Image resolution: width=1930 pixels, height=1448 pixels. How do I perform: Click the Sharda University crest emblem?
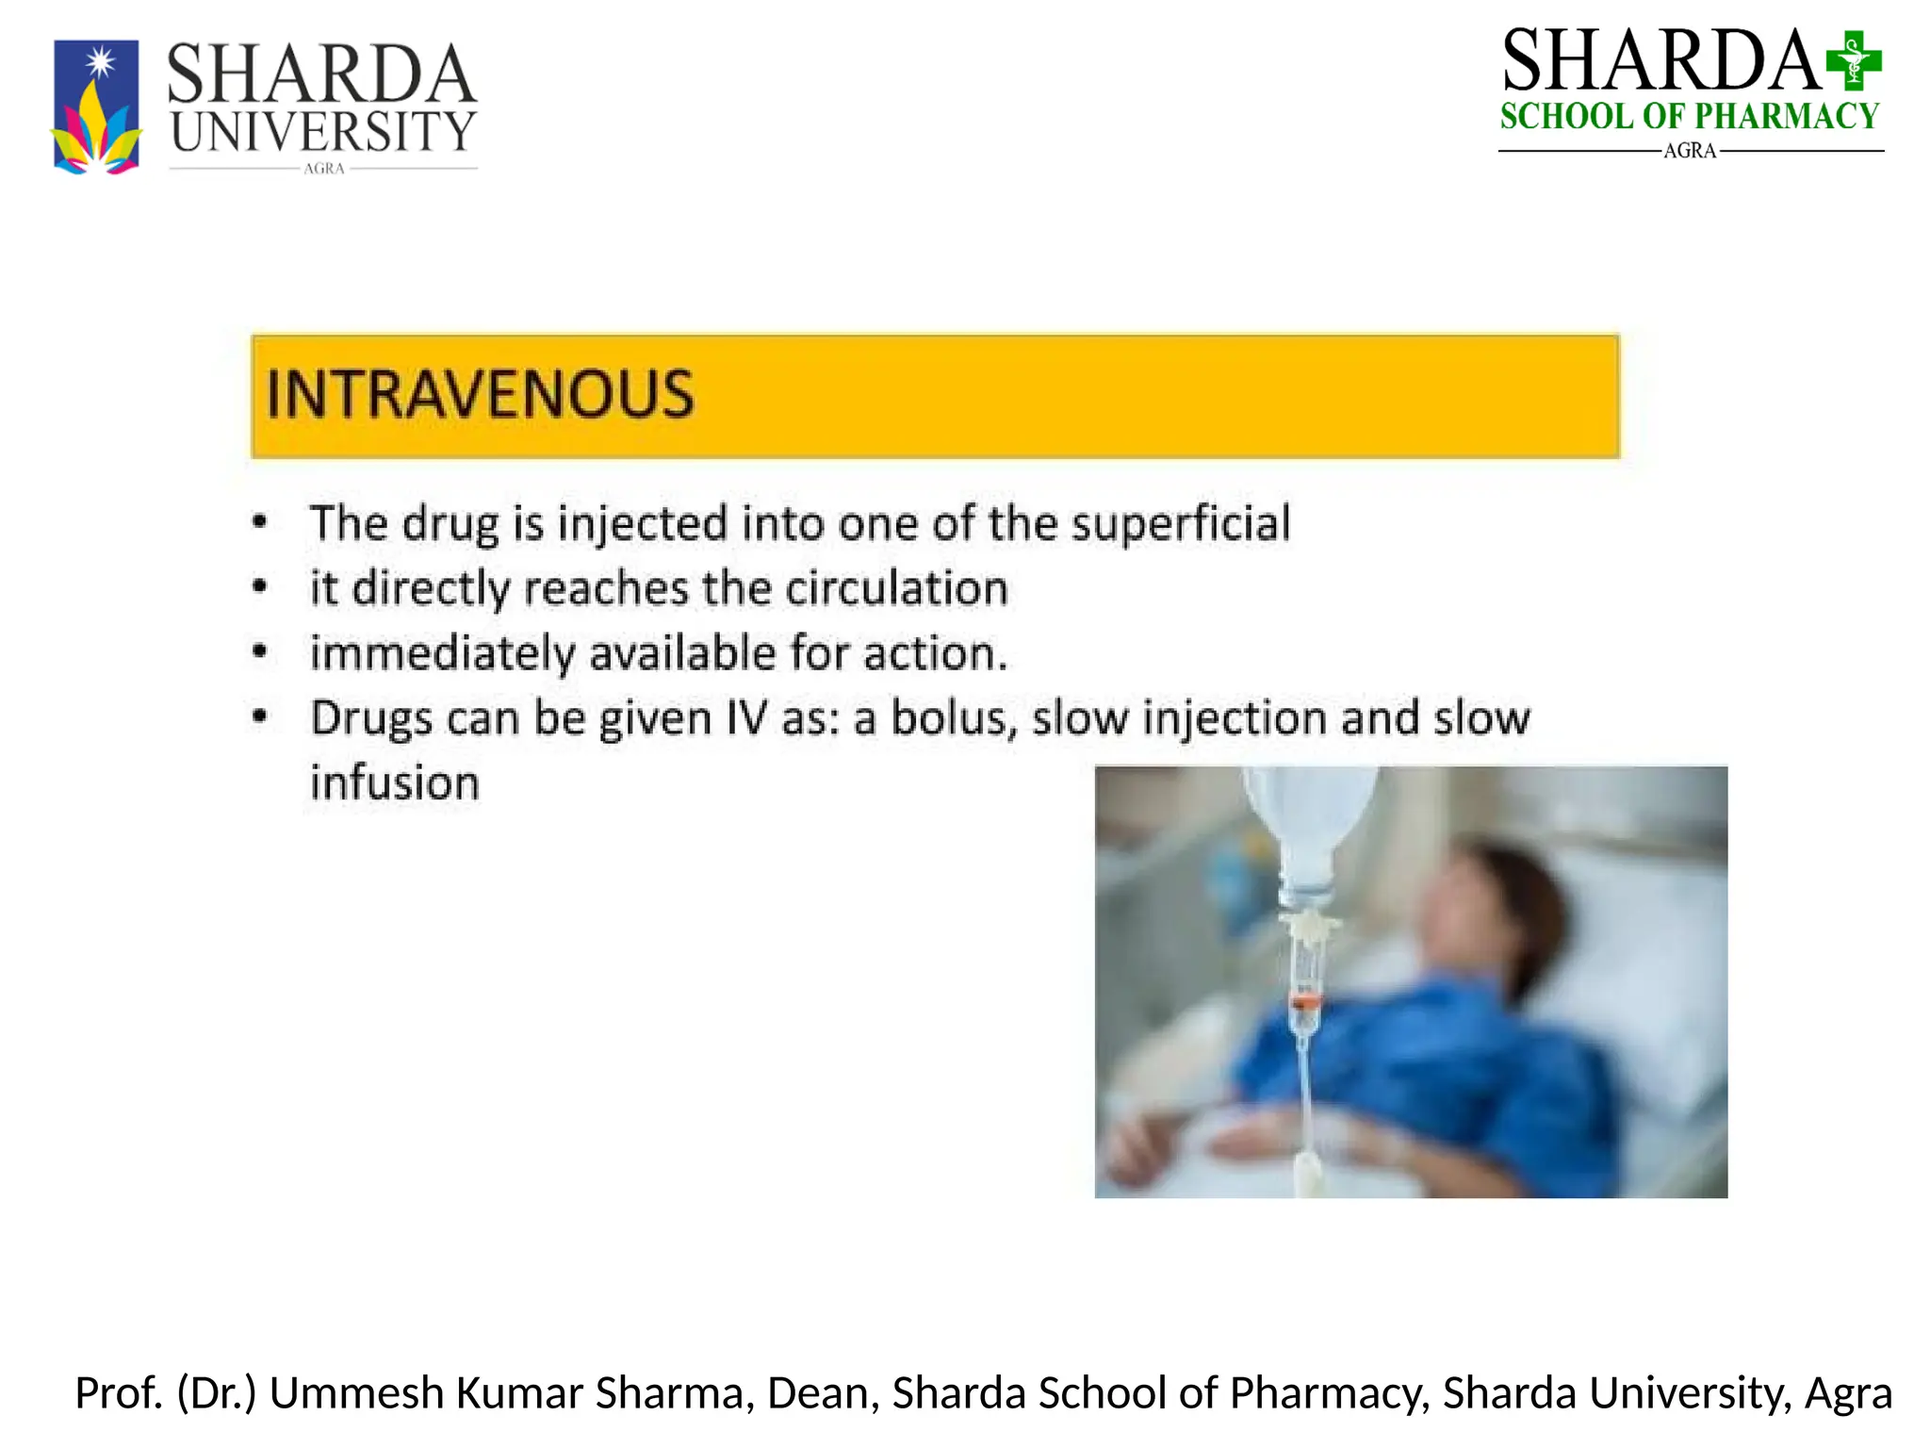96,107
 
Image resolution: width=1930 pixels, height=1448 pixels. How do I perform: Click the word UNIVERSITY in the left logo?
323,132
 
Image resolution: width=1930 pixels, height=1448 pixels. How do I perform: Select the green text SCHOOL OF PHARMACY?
1690,117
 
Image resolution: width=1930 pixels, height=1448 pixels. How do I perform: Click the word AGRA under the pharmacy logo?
1690,151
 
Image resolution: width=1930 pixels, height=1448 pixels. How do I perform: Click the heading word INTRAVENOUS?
481,395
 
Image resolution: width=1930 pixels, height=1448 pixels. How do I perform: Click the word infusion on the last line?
395,783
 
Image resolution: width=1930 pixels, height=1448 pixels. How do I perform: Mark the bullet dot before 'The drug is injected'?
260,522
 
